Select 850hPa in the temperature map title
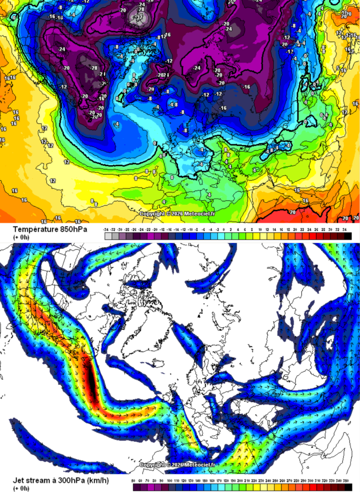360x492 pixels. pos(73,229)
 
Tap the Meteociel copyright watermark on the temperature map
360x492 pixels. pos(177,213)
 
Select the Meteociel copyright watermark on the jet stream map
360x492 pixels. pos(177,465)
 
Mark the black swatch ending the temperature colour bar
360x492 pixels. pos(348,236)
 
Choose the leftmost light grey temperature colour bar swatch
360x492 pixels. pos(107,236)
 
